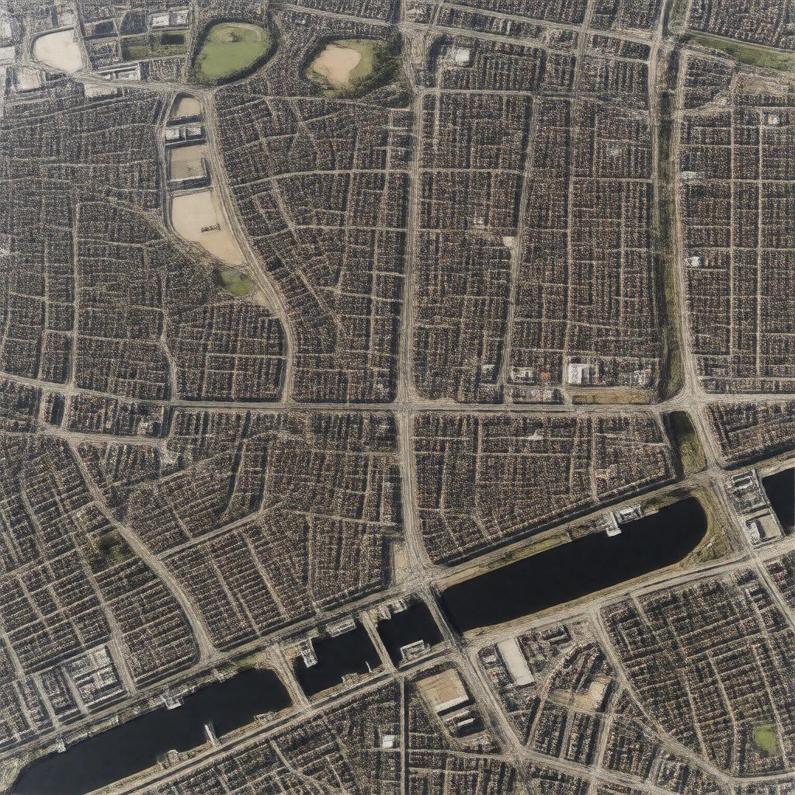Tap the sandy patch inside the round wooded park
click(335, 64)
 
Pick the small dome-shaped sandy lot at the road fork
click(185, 107)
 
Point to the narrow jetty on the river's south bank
click(210, 733)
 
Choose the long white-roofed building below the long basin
click(515, 662)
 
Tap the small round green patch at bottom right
click(765, 738)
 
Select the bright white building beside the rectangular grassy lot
click(578, 373)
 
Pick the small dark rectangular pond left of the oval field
click(172, 38)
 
